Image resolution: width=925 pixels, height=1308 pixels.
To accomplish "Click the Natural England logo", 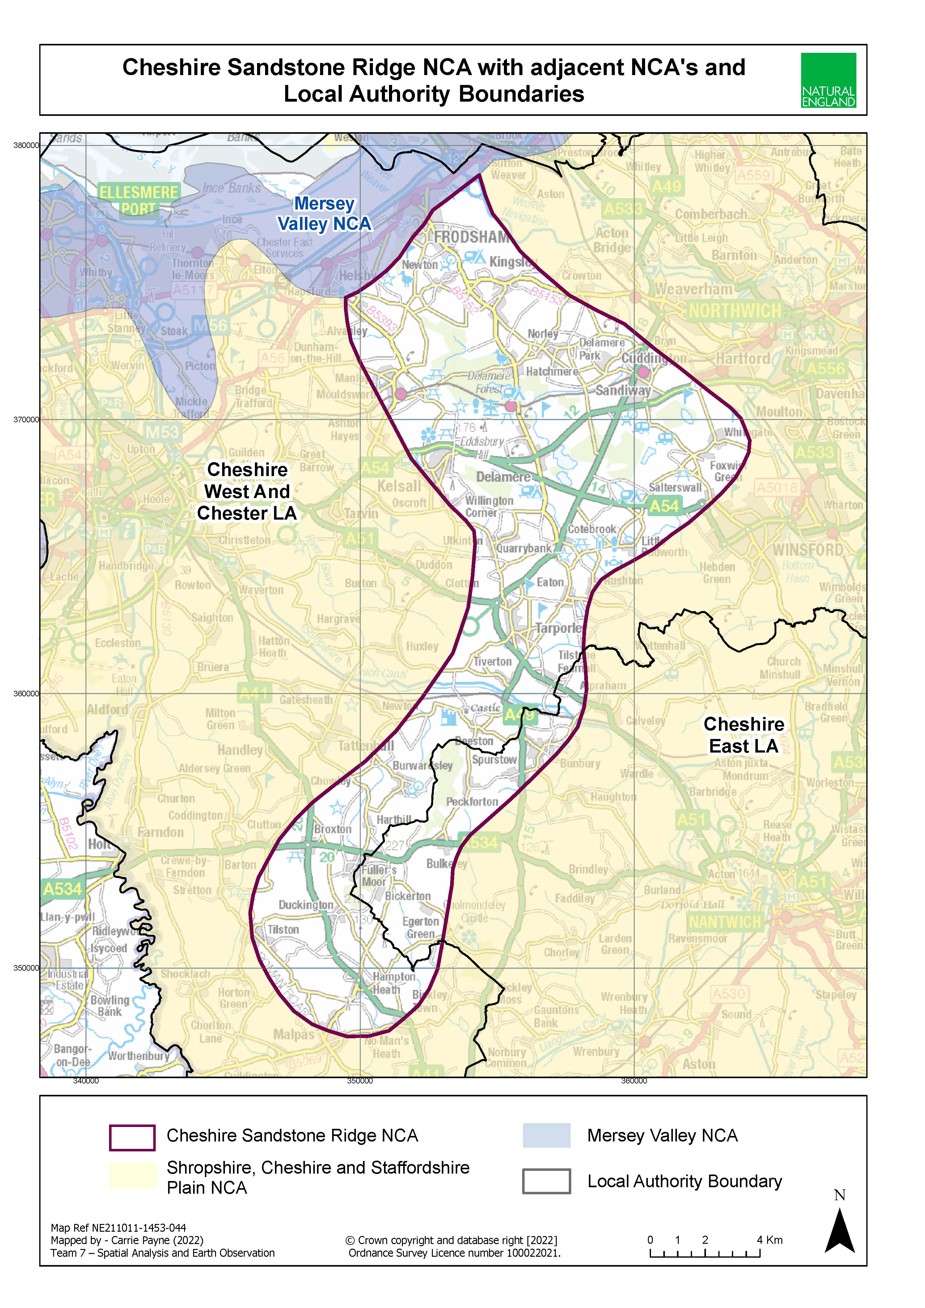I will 828,80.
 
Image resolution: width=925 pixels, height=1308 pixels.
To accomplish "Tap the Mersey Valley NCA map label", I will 324,214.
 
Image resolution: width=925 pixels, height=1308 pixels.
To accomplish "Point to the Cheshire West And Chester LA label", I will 247,491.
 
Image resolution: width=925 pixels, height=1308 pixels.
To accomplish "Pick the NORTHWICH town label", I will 735,311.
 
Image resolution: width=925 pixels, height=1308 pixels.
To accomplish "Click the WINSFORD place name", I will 808,550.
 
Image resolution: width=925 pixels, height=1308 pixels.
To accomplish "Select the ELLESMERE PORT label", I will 138,200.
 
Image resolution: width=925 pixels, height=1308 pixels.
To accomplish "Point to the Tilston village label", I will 283,930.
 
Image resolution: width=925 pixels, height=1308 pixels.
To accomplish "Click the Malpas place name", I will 293,1034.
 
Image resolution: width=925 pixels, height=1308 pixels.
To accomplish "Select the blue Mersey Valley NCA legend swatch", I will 546,1135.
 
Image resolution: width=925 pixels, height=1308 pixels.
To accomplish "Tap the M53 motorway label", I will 162,433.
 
